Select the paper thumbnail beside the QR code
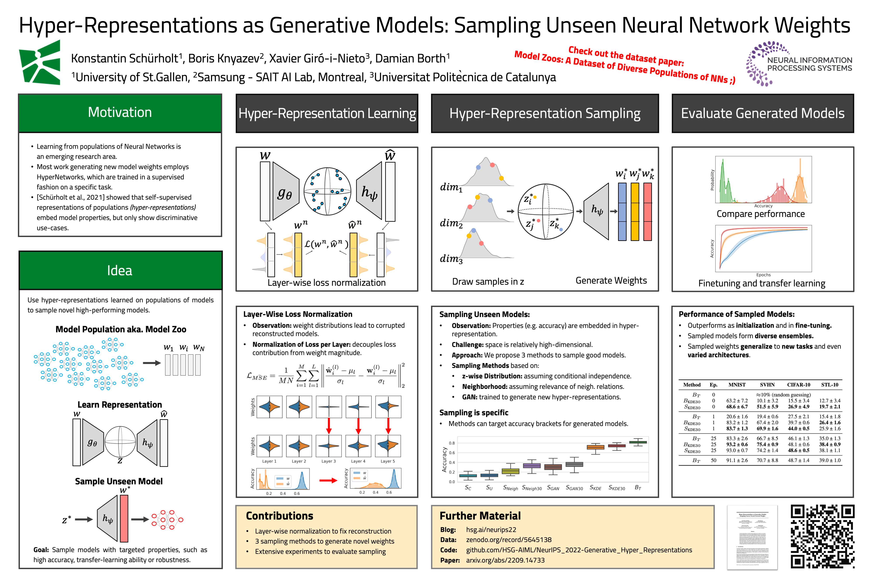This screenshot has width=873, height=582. click(x=752, y=537)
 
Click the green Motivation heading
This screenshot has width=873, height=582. click(x=120, y=112)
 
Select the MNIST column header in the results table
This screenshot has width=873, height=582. click(x=737, y=385)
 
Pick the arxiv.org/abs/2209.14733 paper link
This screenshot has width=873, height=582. click(x=505, y=560)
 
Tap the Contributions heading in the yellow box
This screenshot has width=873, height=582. click(x=280, y=516)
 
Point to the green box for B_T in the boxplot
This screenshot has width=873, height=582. click(x=638, y=442)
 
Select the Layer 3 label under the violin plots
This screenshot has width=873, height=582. click(x=328, y=461)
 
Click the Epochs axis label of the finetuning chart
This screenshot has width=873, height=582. click(x=763, y=275)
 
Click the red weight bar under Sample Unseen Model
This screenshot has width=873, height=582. click(x=124, y=518)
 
